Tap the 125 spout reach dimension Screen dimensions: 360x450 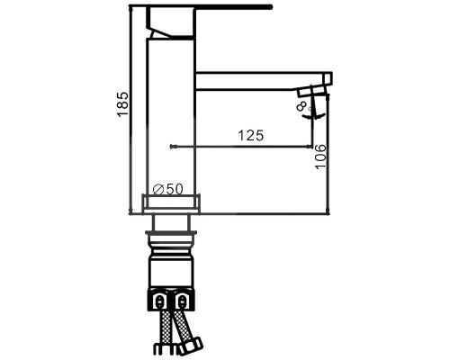point(250,135)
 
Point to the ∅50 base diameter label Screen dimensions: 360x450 point(168,189)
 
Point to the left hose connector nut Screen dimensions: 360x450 point(159,299)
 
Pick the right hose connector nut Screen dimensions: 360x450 point(183,299)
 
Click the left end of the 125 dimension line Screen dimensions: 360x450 point(171,146)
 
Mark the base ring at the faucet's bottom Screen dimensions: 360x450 point(171,204)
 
